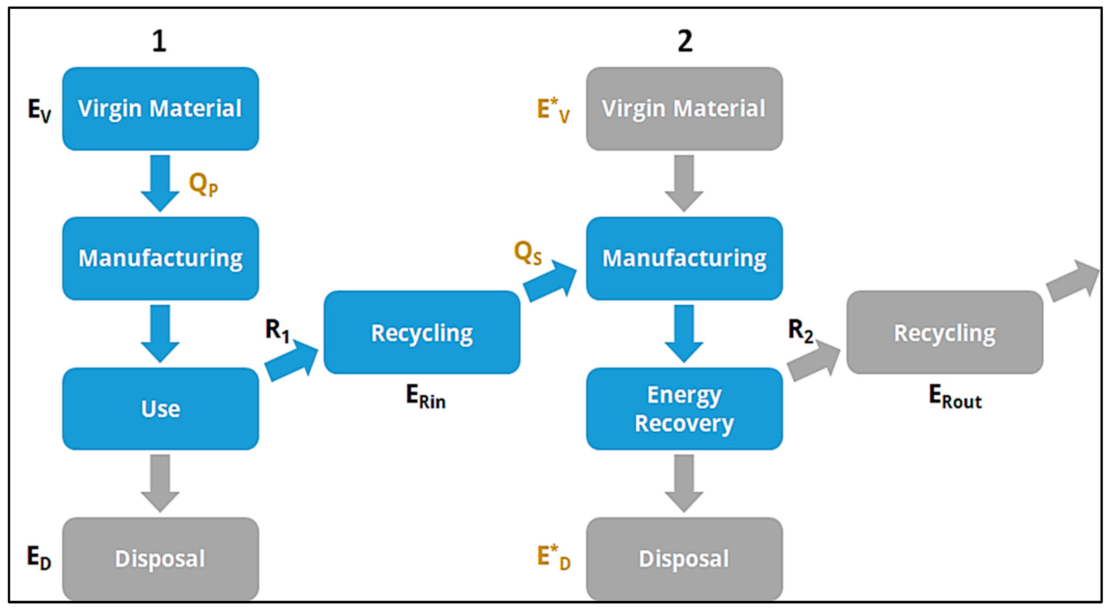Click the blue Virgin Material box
tap(160, 108)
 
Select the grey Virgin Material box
tap(684, 108)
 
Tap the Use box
tap(160, 408)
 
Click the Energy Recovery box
tap(684, 408)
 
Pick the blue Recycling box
tap(422, 332)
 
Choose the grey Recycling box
tap(945, 332)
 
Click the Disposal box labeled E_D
tap(160, 558)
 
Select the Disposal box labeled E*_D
tap(684, 558)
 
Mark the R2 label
tap(800, 330)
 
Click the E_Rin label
tap(425, 397)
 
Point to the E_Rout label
tap(955, 397)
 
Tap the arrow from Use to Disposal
tap(160, 482)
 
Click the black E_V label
tap(39, 110)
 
